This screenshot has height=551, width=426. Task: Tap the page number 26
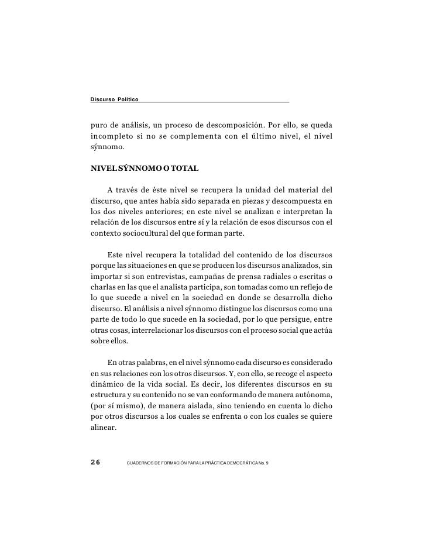tap(96, 462)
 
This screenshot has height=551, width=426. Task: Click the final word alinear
tap(104, 426)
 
